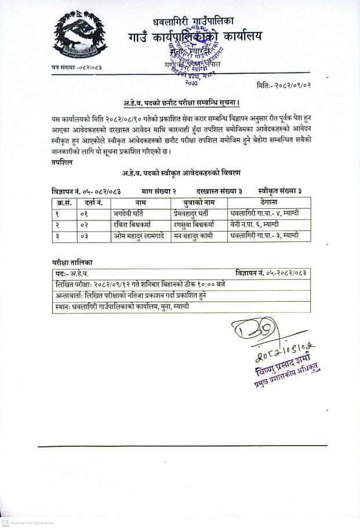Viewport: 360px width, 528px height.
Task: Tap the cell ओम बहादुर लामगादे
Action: pos(141,236)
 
